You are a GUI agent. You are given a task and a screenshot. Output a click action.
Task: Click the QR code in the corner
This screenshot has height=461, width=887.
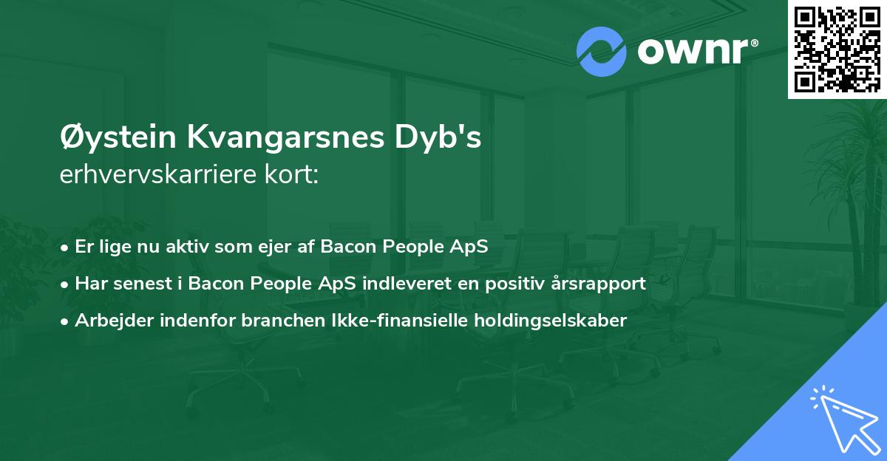point(837,49)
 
